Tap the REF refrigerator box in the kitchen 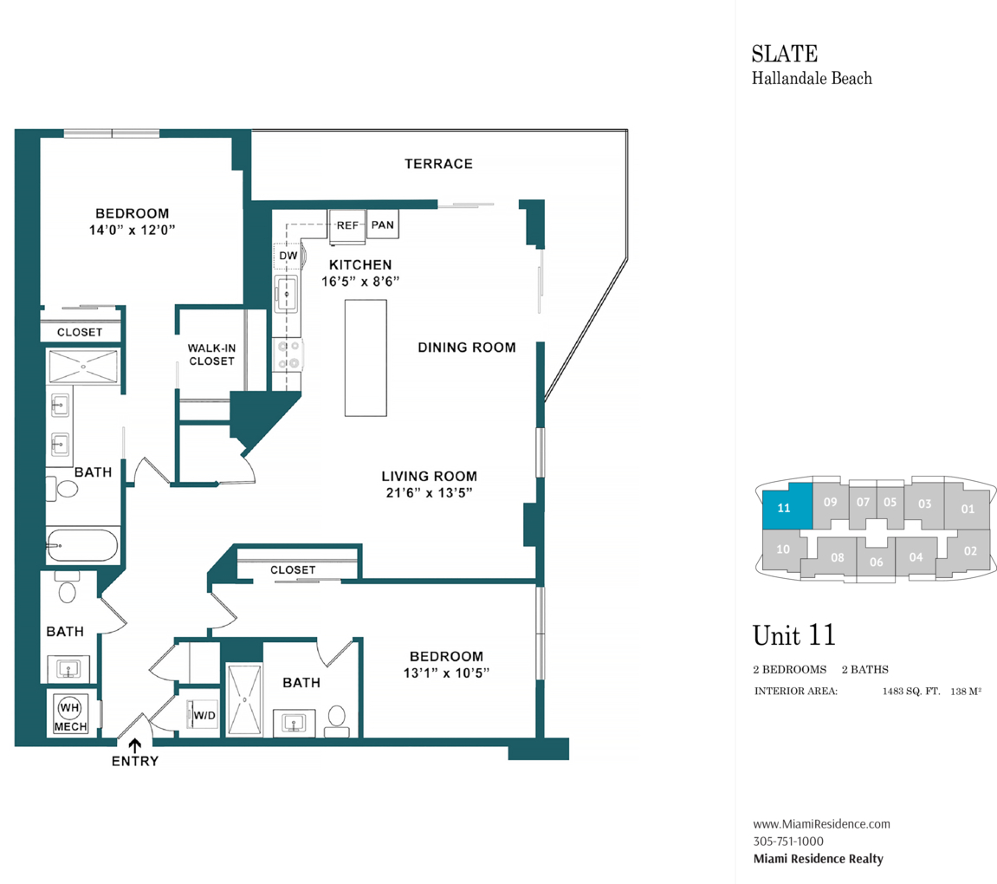pyautogui.click(x=347, y=225)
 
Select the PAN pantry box pyautogui.click(x=382, y=225)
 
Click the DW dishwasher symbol pyautogui.click(x=288, y=256)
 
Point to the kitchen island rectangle pyautogui.click(x=366, y=357)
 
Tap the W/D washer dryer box pyautogui.click(x=204, y=716)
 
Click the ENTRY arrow pyautogui.click(x=134, y=744)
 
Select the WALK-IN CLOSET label pyautogui.click(x=211, y=354)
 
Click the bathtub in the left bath pyautogui.click(x=82, y=545)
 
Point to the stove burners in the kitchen pyautogui.click(x=288, y=355)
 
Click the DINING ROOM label pyautogui.click(x=466, y=348)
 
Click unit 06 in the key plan pyautogui.click(x=876, y=562)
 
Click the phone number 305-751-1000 pyautogui.click(x=788, y=841)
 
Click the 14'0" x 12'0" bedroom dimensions pyautogui.click(x=132, y=230)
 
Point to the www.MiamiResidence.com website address pyautogui.click(x=821, y=824)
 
